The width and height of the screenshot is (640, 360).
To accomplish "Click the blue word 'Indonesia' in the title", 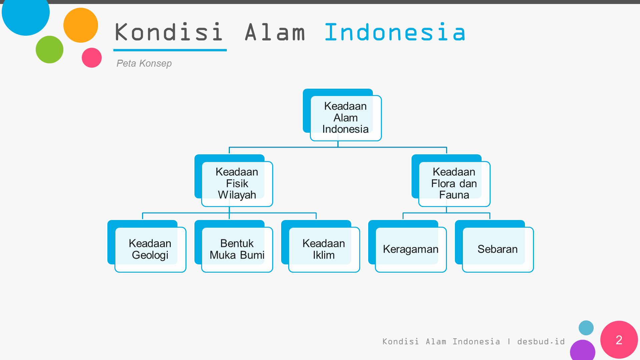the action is [x=395, y=32].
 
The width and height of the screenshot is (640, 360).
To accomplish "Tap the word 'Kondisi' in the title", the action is [x=169, y=32].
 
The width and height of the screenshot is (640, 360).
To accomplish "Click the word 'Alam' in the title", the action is [x=275, y=32].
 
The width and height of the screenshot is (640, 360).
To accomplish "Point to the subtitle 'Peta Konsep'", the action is [x=144, y=63].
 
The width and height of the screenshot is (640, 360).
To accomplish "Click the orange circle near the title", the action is [x=81, y=25].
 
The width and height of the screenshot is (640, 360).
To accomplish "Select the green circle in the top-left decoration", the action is [x=49, y=49].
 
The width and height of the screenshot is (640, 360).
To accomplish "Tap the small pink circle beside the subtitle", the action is [x=92, y=58].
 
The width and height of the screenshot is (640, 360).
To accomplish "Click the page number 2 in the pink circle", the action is [x=619, y=340].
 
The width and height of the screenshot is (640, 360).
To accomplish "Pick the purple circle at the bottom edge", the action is [x=583, y=350].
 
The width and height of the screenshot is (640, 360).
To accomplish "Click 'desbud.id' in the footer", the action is [x=541, y=342].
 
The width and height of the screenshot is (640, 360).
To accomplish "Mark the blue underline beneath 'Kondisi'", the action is [x=170, y=50].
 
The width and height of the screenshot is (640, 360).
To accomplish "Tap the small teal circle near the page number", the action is [x=586, y=328].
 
